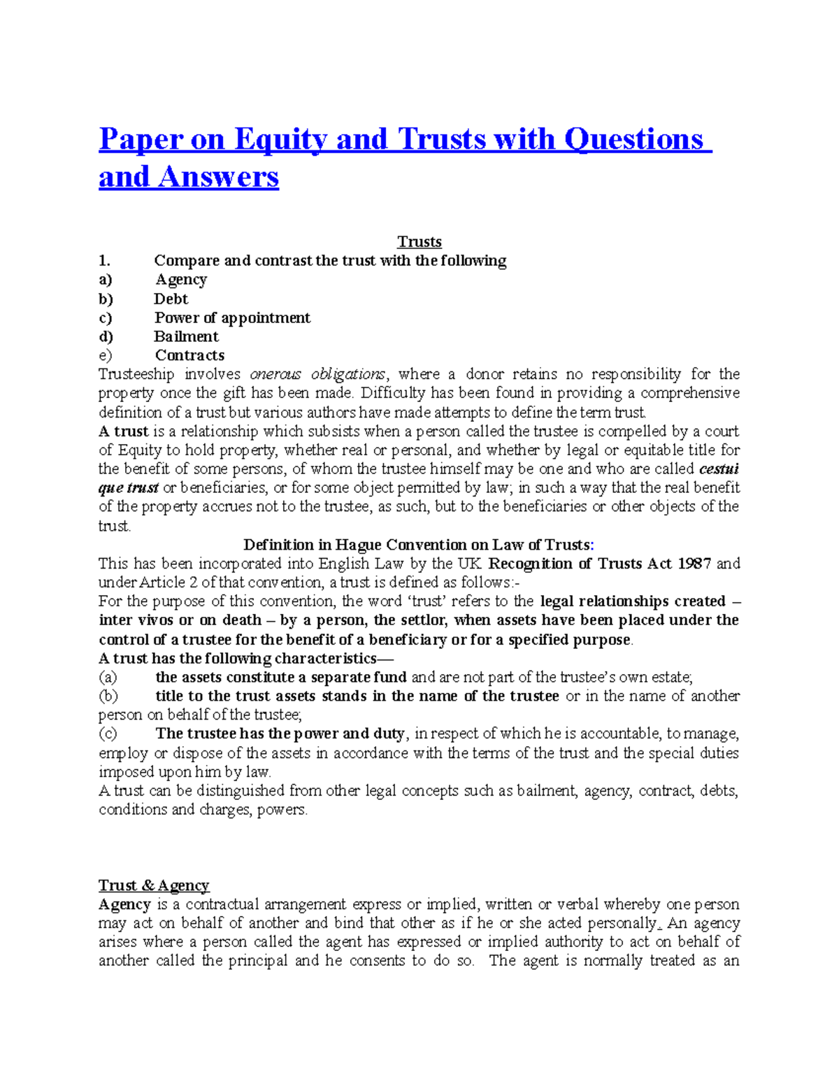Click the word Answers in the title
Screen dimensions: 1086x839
click(x=218, y=177)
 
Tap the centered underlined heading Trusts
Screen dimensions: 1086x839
click(x=419, y=242)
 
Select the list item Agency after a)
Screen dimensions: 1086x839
click(x=181, y=280)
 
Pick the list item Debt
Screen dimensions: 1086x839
click(x=171, y=299)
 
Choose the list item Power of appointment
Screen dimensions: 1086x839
click(x=232, y=317)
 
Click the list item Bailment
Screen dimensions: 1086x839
click(x=186, y=336)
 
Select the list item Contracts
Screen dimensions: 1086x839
click(x=189, y=355)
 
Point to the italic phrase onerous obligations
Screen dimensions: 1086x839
click(x=317, y=374)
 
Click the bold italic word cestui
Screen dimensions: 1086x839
click(x=719, y=469)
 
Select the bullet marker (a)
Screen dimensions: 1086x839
click(x=108, y=677)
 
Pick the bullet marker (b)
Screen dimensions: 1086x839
click(x=108, y=696)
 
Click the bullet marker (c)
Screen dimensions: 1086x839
click(x=108, y=734)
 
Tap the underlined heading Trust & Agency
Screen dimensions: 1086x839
click(x=154, y=885)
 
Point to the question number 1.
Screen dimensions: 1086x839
click(x=104, y=261)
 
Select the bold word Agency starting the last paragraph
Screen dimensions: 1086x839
click(x=124, y=904)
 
